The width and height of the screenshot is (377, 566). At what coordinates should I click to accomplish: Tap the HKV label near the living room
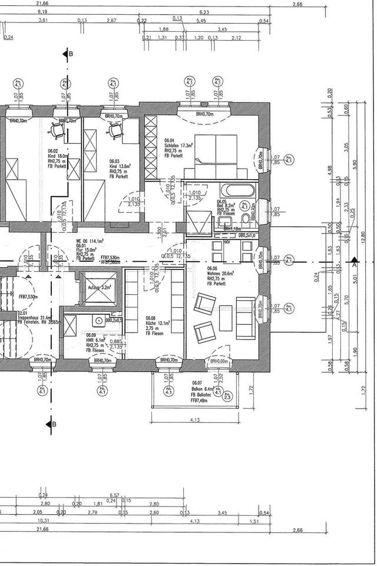(227, 242)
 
